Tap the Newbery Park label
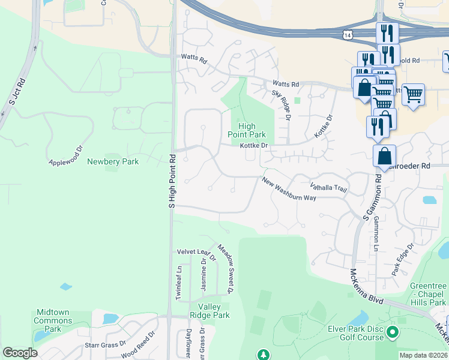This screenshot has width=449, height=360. click(113, 161)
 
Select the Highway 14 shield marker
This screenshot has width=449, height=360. click(347, 35)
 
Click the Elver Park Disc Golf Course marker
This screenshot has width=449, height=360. click(393, 331)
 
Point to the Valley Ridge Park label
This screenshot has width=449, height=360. click(209, 311)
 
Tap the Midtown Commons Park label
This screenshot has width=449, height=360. click(53, 320)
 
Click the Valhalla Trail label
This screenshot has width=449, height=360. click(328, 188)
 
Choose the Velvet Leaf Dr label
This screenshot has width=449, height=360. click(196, 251)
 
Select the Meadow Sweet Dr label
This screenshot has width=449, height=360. click(224, 268)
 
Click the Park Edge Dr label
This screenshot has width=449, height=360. click(403, 259)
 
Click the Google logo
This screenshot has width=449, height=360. click(20, 353)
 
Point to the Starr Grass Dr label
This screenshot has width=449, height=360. click(106, 344)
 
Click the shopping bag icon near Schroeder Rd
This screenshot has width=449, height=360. click(384, 156)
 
